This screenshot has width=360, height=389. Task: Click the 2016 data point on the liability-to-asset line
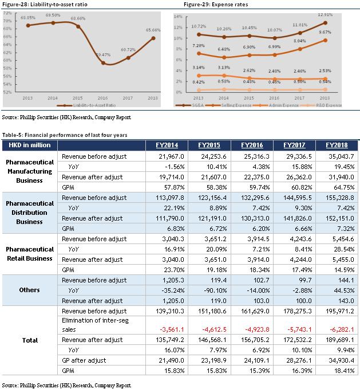click(103, 63)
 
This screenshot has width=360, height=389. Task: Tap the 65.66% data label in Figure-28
click(153, 30)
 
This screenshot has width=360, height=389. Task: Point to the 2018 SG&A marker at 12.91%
click(325, 23)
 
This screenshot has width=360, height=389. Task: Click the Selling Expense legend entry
click(228, 105)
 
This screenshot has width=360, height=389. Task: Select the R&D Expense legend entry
click(321, 105)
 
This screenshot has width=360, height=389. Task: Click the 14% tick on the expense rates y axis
click(178, 17)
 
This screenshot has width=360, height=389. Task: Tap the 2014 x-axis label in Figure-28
click(53, 98)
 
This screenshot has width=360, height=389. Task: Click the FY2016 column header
click(252, 145)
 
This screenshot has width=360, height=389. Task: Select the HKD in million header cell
click(30, 145)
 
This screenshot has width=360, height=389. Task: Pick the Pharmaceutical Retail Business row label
click(30, 254)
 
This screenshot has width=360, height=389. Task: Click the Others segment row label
click(30, 290)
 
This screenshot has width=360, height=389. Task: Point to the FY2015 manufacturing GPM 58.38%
click(216, 187)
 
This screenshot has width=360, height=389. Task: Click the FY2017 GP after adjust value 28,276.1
click(299, 360)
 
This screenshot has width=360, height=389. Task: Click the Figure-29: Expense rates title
click(216, 4)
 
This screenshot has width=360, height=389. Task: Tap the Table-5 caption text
click(65, 135)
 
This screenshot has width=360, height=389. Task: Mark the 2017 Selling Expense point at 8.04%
click(300, 49)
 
